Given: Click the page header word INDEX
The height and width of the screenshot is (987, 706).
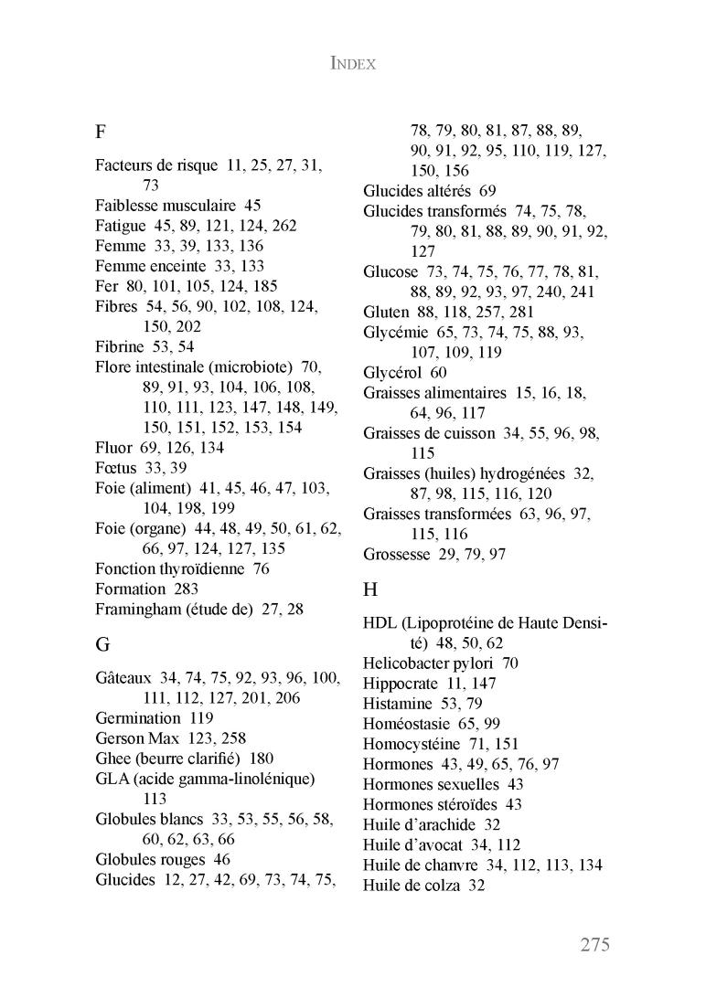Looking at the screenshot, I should (353, 65).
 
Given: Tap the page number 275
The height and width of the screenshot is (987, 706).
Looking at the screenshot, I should (594, 944).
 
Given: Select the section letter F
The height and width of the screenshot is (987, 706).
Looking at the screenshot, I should (101, 131).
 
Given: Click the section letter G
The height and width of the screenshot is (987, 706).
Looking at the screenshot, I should (102, 644).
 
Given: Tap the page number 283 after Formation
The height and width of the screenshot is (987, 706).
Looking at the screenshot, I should (186, 589).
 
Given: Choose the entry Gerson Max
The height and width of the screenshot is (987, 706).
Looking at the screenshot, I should (138, 738).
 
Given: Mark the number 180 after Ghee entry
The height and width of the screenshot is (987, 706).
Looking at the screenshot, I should (261, 759).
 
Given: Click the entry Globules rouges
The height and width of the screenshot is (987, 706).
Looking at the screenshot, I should (150, 859).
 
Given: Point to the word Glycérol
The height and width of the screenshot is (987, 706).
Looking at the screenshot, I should (391, 373).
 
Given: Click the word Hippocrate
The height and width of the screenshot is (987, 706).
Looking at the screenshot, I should (401, 684).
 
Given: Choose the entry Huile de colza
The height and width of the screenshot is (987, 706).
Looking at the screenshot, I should (412, 885).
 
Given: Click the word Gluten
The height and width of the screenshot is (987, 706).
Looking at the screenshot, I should (386, 312).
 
